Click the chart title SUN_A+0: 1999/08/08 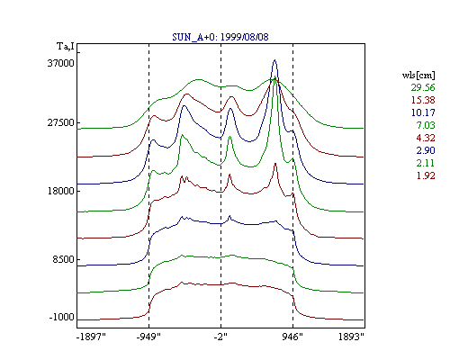pyautogui.click(x=220, y=37)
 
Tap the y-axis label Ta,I pyautogui.click(x=66, y=47)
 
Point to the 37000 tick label pyautogui.click(x=60, y=63)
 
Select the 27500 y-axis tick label pyautogui.click(x=60, y=122)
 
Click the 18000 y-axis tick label pyautogui.click(x=60, y=191)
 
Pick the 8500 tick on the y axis pyautogui.click(x=63, y=259)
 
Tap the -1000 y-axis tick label pyautogui.click(x=62, y=317)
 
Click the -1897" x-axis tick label pyautogui.click(x=91, y=337)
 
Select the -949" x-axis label pyautogui.click(x=148, y=337)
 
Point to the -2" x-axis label pyautogui.click(x=220, y=337)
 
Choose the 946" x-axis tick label pyautogui.click(x=292, y=337)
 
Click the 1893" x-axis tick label pyautogui.click(x=351, y=337)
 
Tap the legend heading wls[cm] pyautogui.click(x=418, y=76)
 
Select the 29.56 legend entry pyautogui.click(x=423, y=87)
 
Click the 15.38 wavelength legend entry pyautogui.click(x=423, y=100)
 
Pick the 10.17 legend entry pyautogui.click(x=423, y=112)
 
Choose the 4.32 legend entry pyautogui.click(x=426, y=138)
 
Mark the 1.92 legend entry pyautogui.click(x=426, y=175)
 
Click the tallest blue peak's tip pyautogui.click(x=274, y=60)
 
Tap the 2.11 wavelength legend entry pyautogui.click(x=426, y=163)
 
